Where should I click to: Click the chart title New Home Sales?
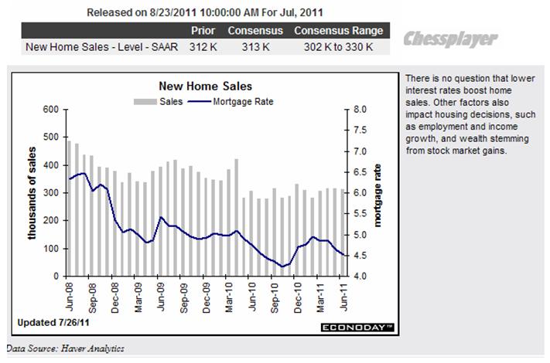(x=205, y=87)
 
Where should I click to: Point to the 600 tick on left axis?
(x=50, y=110)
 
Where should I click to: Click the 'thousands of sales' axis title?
(x=34, y=193)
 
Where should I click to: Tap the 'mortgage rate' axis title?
(x=378, y=193)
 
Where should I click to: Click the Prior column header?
(x=203, y=31)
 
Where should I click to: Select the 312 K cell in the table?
(x=203, y=46)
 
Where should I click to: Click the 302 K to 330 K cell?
(x=338, y=46)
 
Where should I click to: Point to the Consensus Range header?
(x=338, y=31)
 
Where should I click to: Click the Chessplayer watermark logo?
(x=451, y=38)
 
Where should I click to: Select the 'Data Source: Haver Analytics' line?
(x=65, y=349)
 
